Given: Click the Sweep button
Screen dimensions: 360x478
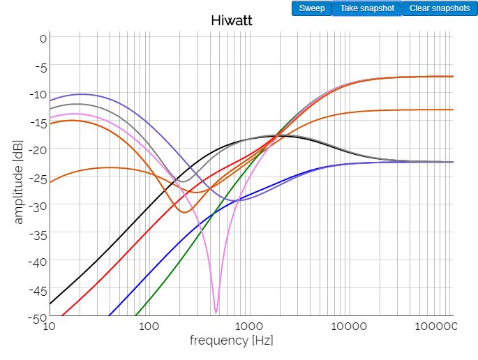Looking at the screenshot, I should pos(312,8).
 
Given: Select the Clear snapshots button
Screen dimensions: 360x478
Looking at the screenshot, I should pos(440,8).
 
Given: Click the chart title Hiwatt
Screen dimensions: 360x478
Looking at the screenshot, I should pos(231,20).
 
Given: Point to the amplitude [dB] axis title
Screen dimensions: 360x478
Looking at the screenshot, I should pos(19,179).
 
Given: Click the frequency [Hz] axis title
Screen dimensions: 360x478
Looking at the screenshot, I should pos(231,340).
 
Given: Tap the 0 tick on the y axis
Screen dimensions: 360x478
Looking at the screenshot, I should pos(43,38).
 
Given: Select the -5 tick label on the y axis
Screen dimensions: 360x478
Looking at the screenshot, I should pos(40,67).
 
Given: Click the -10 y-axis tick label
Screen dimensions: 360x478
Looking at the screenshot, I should pos(38,94).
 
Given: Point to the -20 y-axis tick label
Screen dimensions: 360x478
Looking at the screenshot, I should pos(38,150).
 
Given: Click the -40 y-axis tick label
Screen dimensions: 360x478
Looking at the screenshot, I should pos(38,262).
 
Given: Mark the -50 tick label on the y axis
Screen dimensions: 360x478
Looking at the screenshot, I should pos(38,317).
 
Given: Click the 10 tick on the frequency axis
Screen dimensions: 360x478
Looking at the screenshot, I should pos(49,327).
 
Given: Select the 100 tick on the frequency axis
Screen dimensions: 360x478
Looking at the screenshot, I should pos(148,327).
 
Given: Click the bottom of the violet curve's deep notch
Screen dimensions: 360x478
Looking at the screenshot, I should pos(216,312).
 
